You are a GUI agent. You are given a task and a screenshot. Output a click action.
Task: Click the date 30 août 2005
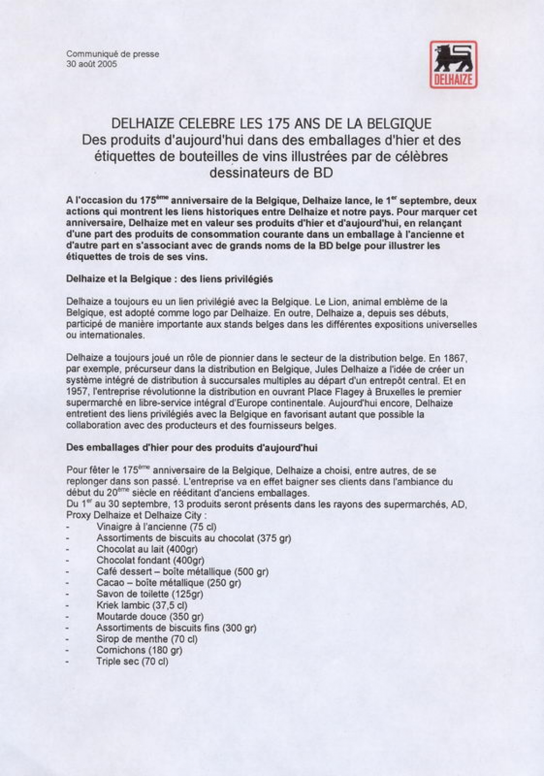tap(92, 64)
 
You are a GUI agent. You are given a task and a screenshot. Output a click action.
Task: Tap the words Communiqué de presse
tap(113, 54)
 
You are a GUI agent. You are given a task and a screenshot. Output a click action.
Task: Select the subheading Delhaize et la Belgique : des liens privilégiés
tap(170, 279)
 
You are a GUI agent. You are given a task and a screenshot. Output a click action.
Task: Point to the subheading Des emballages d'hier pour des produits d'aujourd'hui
tap(192, 448)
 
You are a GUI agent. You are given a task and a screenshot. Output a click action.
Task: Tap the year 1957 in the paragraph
tap(75, 392)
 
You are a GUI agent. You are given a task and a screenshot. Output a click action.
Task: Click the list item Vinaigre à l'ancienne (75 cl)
tap(156, 527)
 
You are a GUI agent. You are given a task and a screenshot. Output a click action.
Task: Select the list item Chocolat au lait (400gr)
tap(147, 549)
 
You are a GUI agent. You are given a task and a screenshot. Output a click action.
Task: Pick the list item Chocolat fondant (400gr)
tap(150, 561)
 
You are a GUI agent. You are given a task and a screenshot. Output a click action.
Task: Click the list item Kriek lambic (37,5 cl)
tap(142, 605)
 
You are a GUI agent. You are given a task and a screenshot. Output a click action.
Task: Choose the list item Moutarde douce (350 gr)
tap(150, 617)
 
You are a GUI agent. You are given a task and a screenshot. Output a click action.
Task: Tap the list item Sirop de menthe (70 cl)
tap(147, 639)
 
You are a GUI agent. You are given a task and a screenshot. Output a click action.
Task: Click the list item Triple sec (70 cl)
tap(132, 662)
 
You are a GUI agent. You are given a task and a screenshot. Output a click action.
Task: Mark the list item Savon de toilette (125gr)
tap(150, 594)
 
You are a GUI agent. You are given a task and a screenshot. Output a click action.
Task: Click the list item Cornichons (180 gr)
tap(139, 650)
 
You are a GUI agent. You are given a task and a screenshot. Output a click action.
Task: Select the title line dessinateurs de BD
tap(271, 173)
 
